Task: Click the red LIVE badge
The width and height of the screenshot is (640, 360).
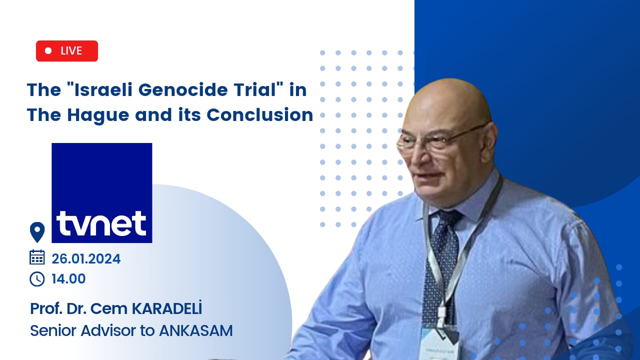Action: coord(67,51)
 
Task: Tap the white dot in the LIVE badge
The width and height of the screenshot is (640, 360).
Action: coord(48,51)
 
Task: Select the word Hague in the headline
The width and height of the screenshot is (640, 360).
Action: coord(98,115)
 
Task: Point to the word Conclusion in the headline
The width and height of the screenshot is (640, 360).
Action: coord(259,115)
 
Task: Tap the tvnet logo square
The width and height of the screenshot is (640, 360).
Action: coord(101,193)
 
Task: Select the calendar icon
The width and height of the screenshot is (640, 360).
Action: coord(37,257)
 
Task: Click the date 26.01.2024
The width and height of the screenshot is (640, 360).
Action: coord(86,259)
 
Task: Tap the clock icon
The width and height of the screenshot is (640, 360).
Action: coord(37,279)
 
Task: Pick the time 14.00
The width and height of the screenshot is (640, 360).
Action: coord(68,279)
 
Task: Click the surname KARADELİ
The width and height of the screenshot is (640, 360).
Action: coord(166,308)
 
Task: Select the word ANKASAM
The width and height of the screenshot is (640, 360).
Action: coord(195,331)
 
